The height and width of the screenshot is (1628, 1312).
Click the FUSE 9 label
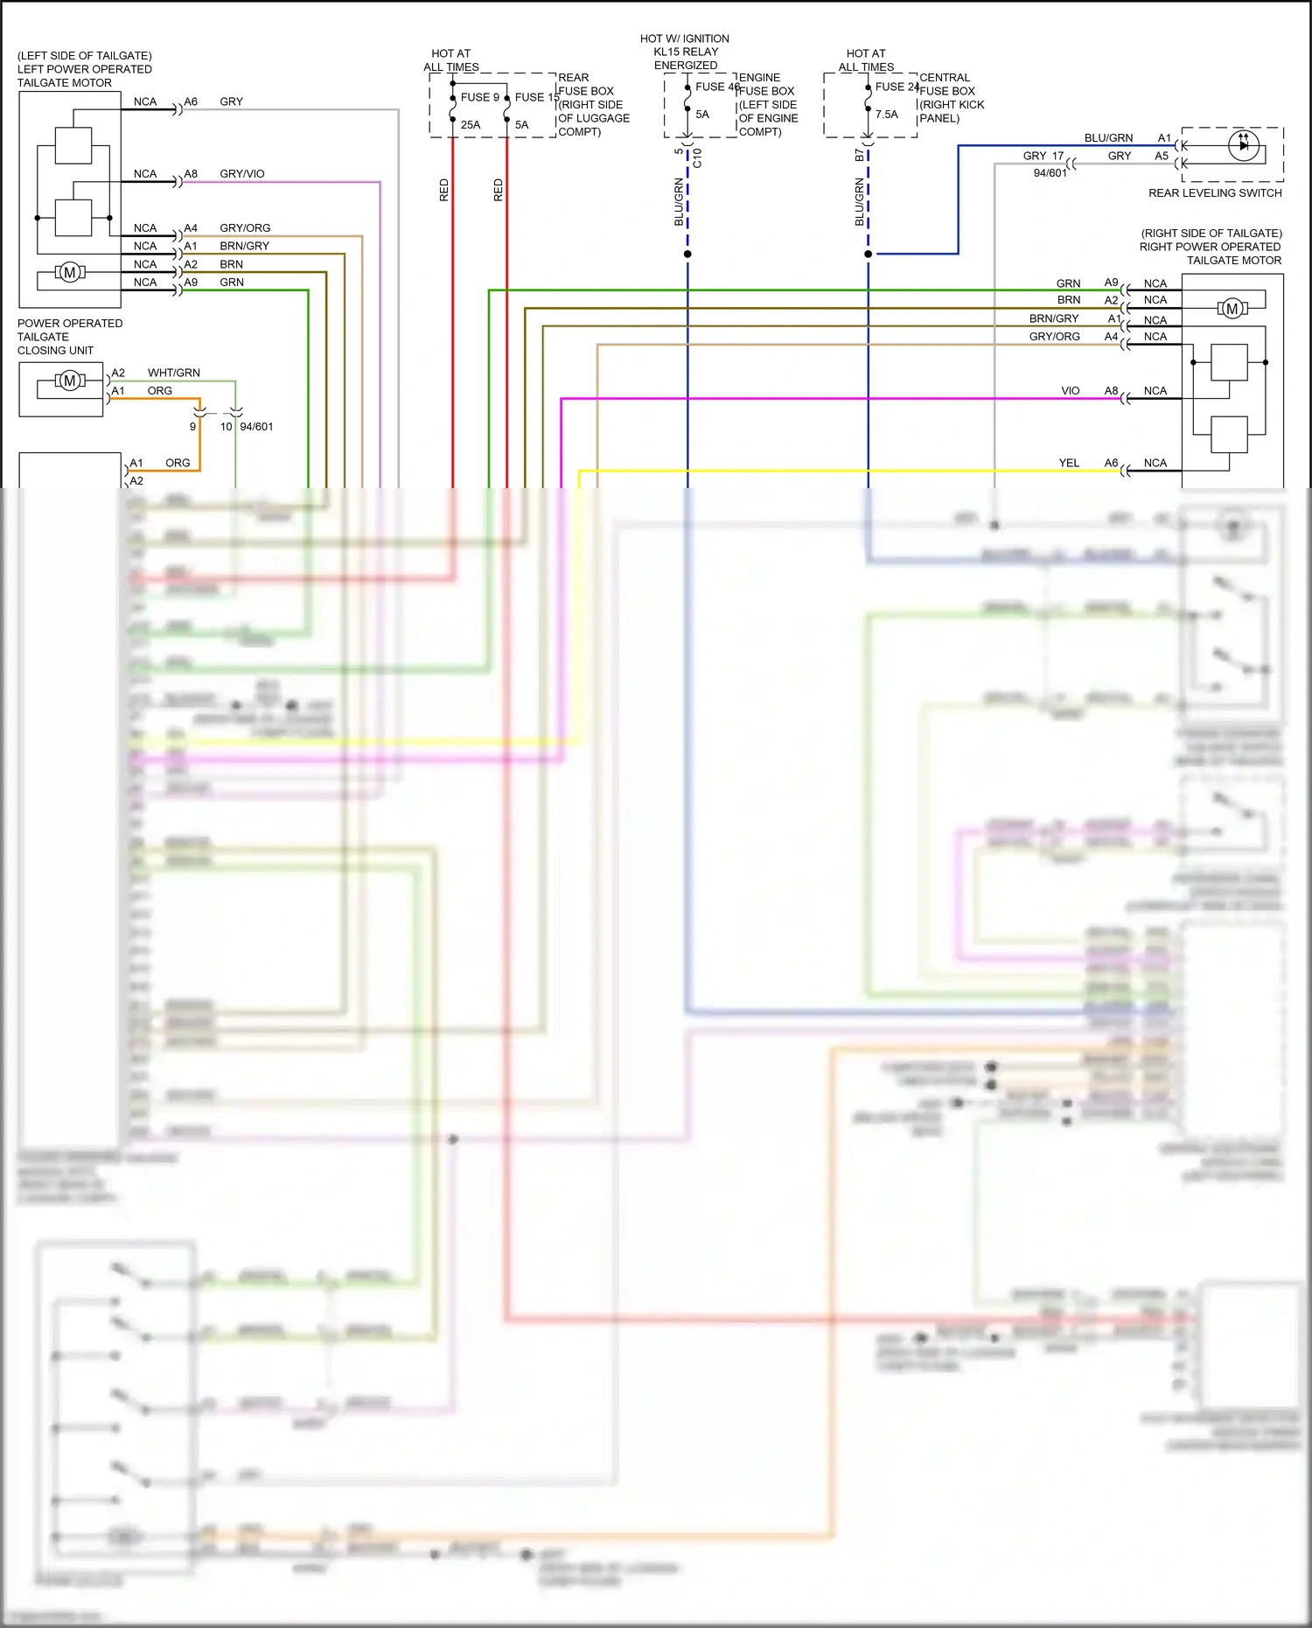(x=479, y=97)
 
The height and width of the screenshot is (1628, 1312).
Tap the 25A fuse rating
(x=471, y=125)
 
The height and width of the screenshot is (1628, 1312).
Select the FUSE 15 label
(x=536, y=97)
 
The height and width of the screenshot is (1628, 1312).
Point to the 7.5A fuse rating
(x=886, y=115)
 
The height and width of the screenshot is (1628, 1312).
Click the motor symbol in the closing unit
(x=70, y=381)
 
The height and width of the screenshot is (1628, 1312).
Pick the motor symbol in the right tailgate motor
(x=1232, y=309)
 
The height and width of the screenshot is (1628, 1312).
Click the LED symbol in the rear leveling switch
(x=1243, y=145)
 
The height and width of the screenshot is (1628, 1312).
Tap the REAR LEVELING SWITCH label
(x=1214, y=193)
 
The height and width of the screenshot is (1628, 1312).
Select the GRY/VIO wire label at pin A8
(x=241, y=174)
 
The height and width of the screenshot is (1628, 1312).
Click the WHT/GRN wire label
(x=173, y=373)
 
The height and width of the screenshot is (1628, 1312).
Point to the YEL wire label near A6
(x=1069, y=463)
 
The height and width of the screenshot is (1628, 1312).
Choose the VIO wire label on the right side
(x=1070, y=391)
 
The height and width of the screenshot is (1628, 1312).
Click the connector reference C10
(x=697, y=158)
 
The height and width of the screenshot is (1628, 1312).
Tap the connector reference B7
(x=859, y=155)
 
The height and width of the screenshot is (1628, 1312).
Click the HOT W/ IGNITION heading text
(x=684, y=38)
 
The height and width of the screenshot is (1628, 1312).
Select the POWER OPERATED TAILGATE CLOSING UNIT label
(x=69, y=337)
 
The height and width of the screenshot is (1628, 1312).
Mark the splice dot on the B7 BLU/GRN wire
(x=868, y=254)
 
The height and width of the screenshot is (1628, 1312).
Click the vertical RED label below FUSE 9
(x=443, y=190)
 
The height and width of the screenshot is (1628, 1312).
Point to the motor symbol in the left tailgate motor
(x=70, y=273)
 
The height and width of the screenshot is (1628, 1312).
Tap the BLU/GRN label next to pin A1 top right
(x=1107, y=138)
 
